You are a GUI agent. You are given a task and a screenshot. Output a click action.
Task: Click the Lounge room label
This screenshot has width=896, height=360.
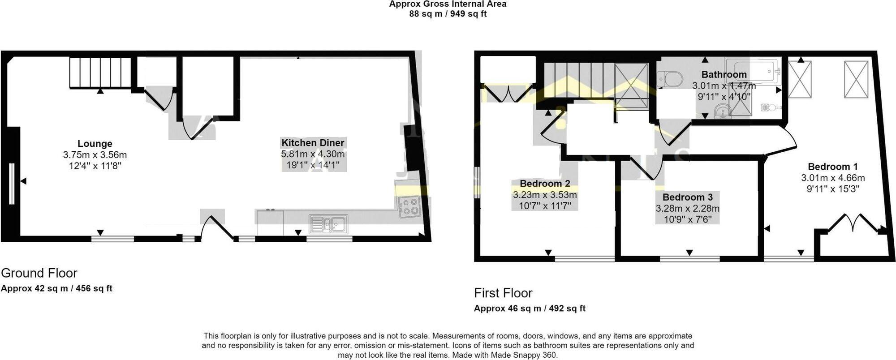(95, 144)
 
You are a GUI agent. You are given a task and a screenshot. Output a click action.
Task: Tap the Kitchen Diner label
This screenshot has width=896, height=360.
(313, 143)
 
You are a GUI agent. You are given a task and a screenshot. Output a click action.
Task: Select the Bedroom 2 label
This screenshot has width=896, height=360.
(545, 184)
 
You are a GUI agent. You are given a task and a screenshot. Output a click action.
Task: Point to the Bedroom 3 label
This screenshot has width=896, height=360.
(687, 197)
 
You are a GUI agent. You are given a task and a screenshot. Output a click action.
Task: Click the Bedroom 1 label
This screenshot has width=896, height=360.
(833, 167)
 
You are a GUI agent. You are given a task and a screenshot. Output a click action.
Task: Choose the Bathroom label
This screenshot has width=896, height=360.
(724, 74)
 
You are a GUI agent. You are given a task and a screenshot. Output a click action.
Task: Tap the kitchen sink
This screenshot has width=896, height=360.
(328, 223)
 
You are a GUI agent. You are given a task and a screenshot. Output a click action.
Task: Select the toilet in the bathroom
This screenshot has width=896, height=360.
(669, 79)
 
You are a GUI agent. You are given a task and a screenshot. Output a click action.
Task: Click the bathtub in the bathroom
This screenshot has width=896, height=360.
(753, 71)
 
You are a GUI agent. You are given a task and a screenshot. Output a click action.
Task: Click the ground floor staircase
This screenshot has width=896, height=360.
(100, 72)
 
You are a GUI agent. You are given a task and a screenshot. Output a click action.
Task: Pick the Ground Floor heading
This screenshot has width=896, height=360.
(39, 273)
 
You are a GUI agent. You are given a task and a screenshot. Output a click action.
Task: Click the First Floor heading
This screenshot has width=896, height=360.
(503, 293)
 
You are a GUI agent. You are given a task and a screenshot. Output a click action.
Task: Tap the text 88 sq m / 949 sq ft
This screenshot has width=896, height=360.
(448, 14)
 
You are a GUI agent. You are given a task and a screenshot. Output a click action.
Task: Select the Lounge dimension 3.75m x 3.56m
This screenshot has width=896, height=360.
(95, 155)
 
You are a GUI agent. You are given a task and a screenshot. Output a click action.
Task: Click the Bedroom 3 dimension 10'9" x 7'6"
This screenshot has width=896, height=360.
(687, 219)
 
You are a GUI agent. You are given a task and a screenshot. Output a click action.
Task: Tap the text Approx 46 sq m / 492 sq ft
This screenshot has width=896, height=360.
(530, 309)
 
